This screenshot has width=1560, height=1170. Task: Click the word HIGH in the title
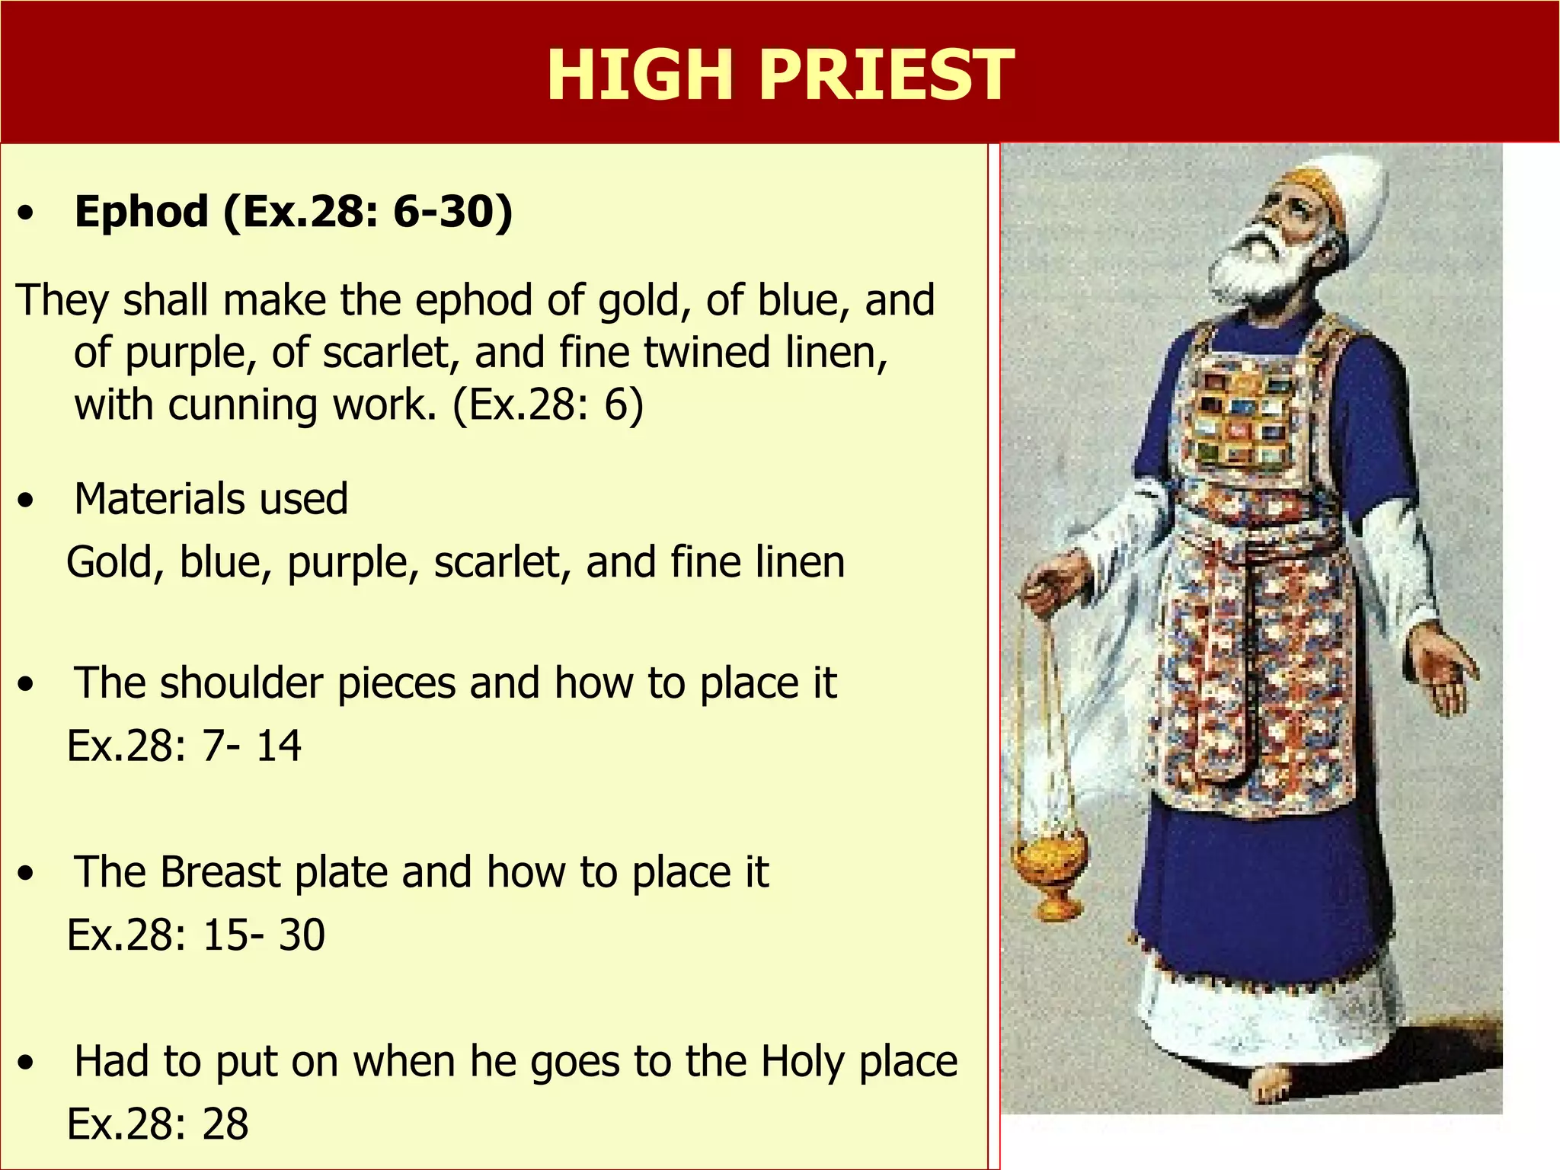point(639,75)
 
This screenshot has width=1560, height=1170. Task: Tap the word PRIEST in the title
point(887,75)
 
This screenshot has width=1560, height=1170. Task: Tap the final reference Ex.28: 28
point(158,1124)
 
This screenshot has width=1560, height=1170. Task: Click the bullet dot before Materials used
point(27,500)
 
